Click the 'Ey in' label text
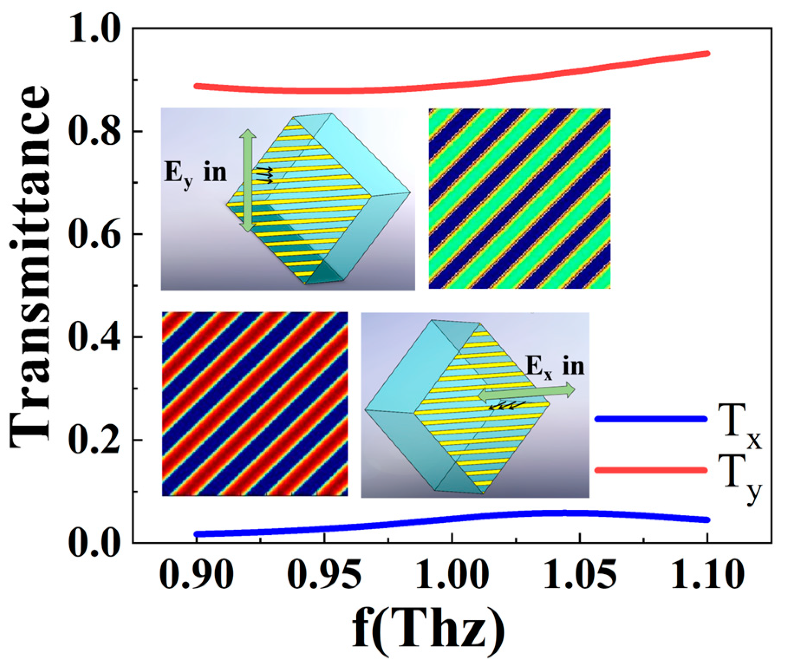(x=195, y=173)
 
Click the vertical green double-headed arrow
(x=247, y=179)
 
